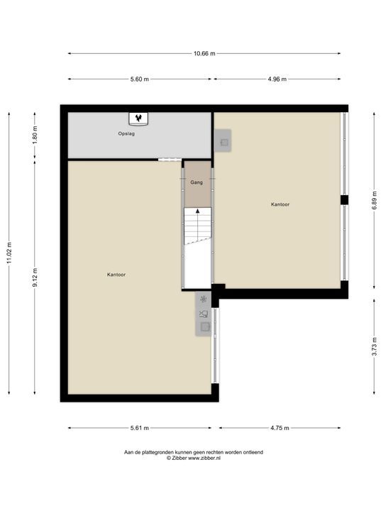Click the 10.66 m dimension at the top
click(204, 53)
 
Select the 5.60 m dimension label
click(139, 79)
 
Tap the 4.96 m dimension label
click(277, 79)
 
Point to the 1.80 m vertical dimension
click(34, 134)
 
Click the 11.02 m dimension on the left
click(9, 253)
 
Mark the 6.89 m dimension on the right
click(374, 200)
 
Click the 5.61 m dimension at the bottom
click(139, 428)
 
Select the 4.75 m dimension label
click(279, 428)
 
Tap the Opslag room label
click(126, 133)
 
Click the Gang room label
click(196, 182)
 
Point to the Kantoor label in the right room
click(280, 204)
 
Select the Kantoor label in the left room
click(116, 274)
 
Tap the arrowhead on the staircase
click(197, 211)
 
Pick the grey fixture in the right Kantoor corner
click(223, 143)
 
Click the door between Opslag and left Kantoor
click(167, 160)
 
